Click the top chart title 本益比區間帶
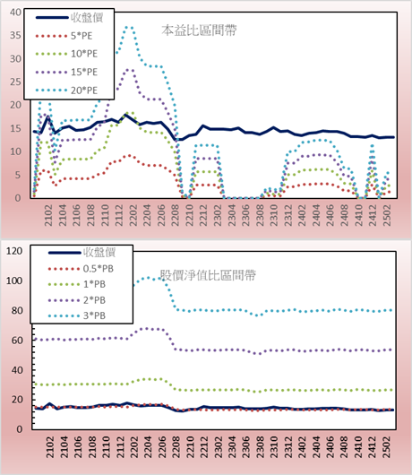click(x=199, y=30)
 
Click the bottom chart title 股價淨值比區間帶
click(x=208, y=275)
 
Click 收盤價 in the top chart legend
click(x=87, y=18)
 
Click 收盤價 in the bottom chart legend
click(x=99, y=253)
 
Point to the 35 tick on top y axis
click(x=15, y=36)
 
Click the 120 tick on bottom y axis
click(x=14, y=251)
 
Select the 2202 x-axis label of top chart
click(x=133, y=215)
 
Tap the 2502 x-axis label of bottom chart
click(x=387, y=447)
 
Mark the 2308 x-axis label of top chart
click(x=260, y=215)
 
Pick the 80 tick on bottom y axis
click(x=17, y=310)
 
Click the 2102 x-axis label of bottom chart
click(x=49, y=447)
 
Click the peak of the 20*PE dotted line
click(x=129, y=27)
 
